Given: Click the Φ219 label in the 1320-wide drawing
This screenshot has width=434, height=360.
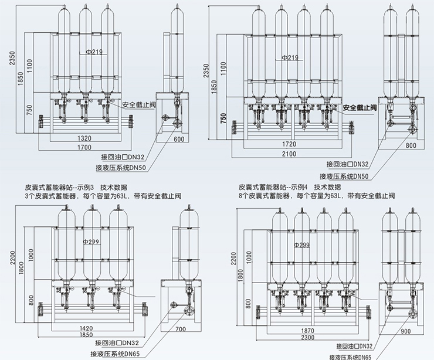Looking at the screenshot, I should click(96, 52).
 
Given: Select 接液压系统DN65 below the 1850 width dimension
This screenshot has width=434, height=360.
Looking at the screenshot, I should click(130, 354).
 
